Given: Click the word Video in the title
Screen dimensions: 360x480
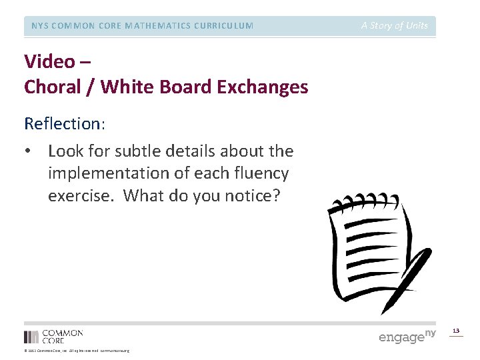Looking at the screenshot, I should [x=49, y=62].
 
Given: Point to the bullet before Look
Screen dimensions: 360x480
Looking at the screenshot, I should [x=28, y=151].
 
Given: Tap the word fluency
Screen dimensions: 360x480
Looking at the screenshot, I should [x=259, y=173].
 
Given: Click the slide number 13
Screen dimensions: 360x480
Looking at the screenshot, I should [x=456, y=331].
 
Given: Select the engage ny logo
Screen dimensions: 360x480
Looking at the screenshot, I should [x=407, y=336].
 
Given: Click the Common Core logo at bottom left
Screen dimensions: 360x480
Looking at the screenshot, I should [x=53, y=336].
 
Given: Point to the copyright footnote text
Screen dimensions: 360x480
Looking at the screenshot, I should [x=77, y=351].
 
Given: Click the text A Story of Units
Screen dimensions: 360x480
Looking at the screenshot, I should [x=395, y=26].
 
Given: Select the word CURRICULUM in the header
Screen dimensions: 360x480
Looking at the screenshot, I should [x=221, y=26].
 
